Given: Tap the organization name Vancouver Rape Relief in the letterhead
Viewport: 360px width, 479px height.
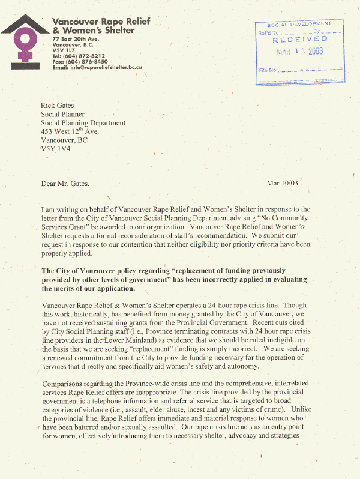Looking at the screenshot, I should [x=101, y=22].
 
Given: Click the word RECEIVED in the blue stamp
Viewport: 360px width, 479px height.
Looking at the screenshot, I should [x=299, y=40].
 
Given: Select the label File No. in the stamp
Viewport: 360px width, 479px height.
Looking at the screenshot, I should [x=268, y=70].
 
